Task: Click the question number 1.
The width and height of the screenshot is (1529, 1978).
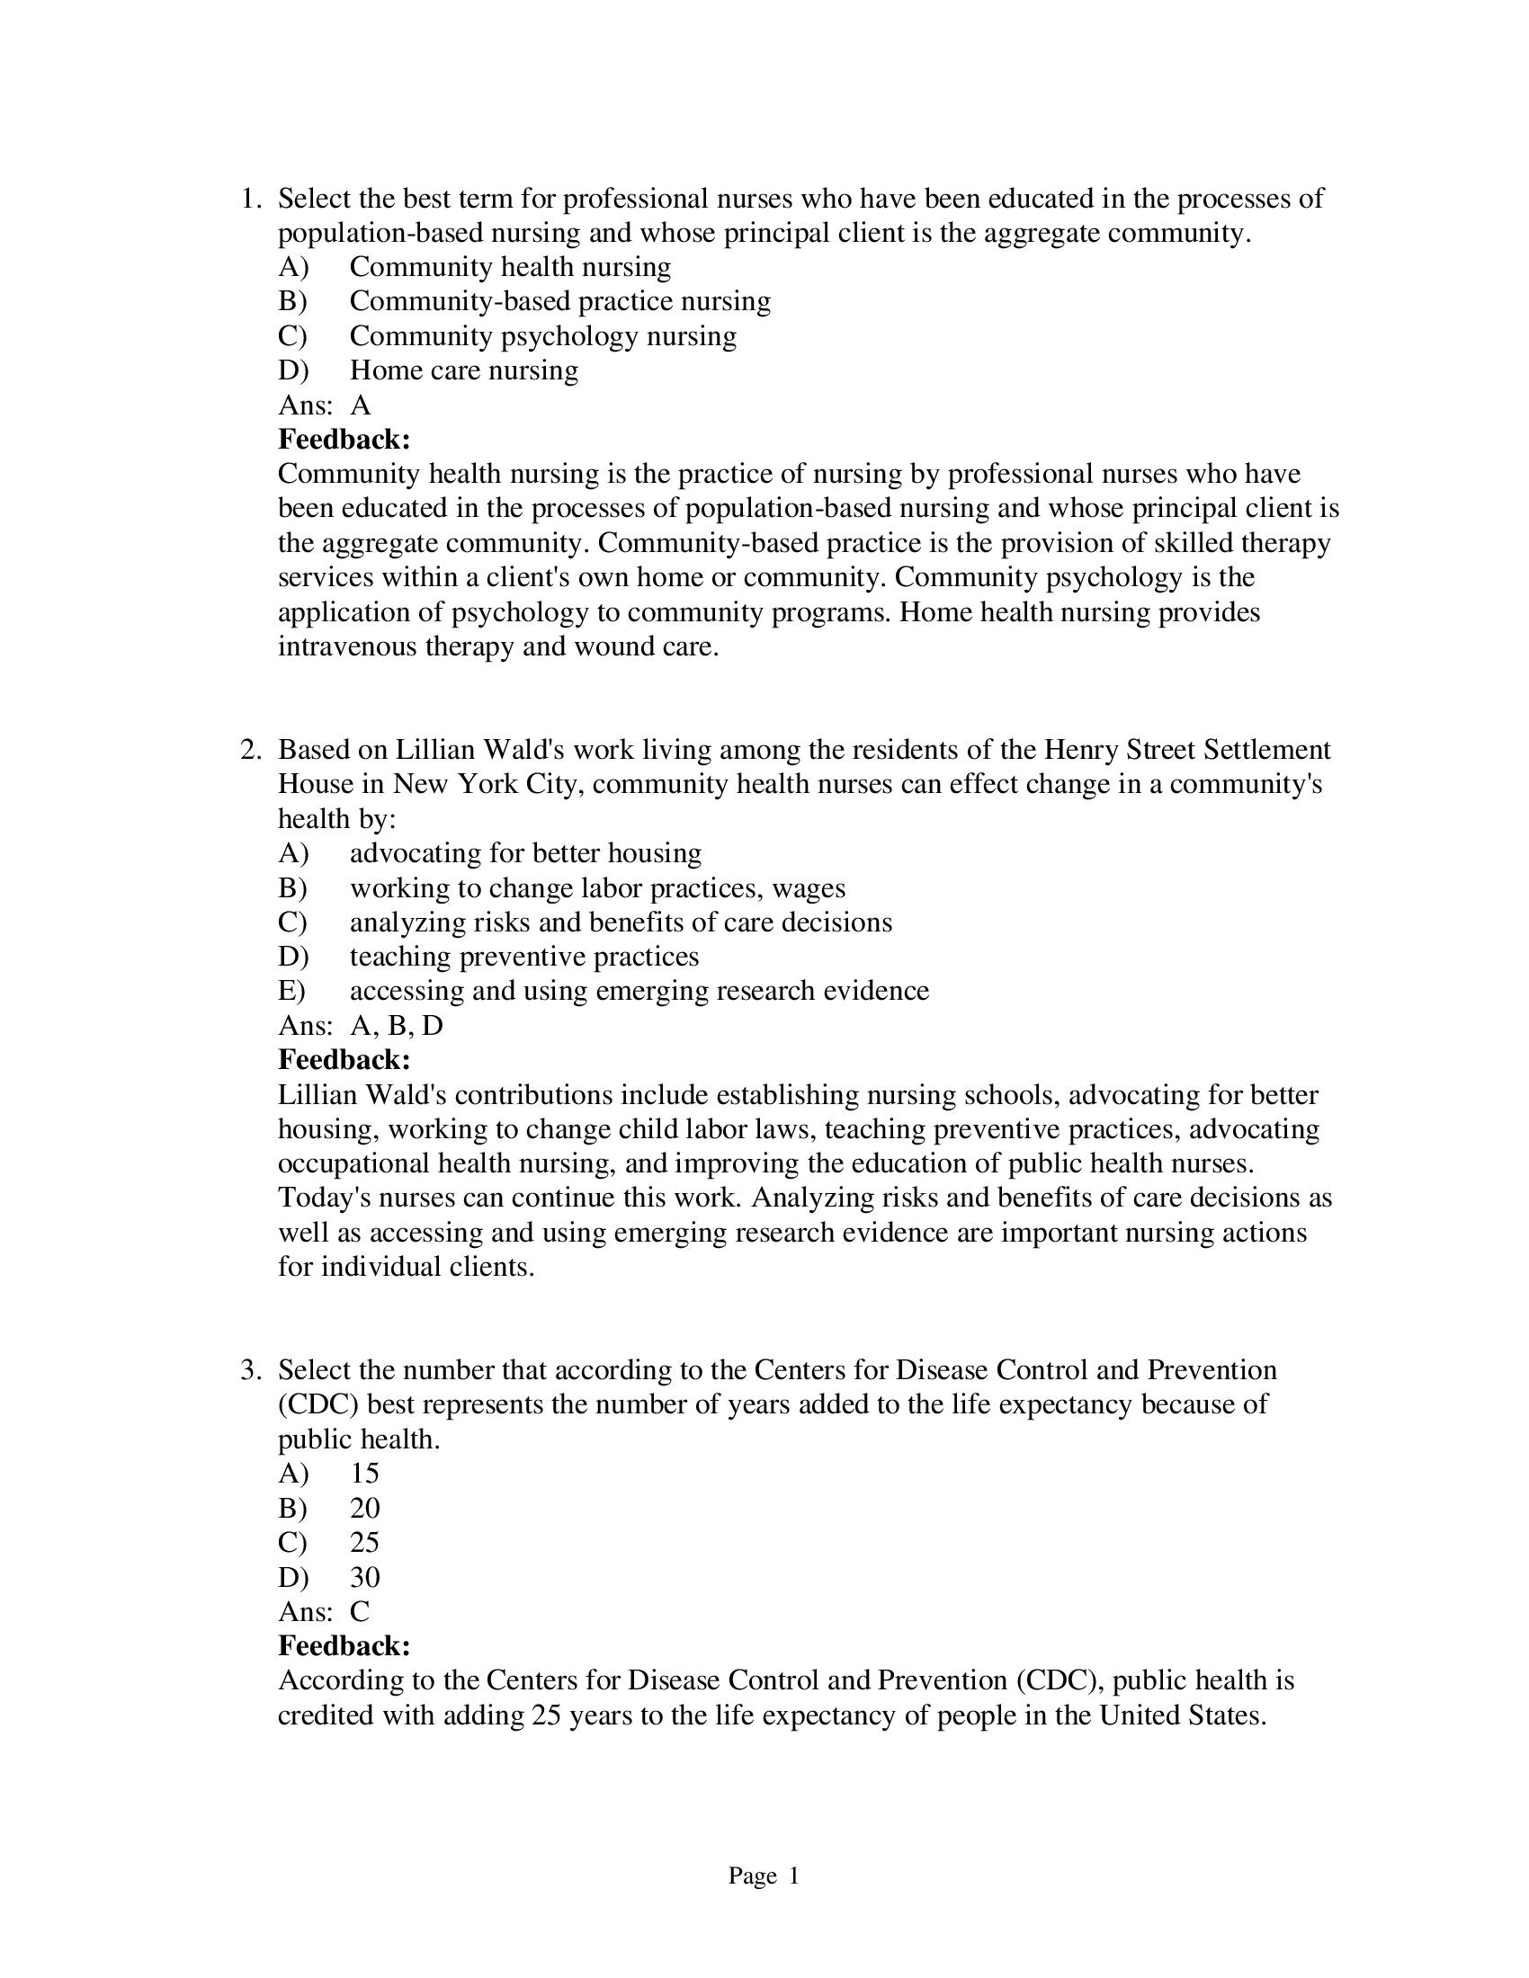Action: coord(250,199)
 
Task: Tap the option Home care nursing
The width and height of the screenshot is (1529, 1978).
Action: coord(464,370)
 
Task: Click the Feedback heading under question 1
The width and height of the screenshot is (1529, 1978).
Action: coord(344,440)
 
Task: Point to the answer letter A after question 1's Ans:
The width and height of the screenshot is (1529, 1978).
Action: coord(361,405)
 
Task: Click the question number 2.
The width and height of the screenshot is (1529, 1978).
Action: coord(250,750)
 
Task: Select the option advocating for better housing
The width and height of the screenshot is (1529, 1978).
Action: coord(525,853)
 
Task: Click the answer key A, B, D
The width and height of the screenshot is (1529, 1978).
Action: coord(396,1025)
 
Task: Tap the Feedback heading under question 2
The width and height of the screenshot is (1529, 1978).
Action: coord(344,1060)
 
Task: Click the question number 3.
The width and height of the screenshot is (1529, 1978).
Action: coord(250,1370)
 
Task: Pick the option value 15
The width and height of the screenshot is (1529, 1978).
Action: coord(364,1474)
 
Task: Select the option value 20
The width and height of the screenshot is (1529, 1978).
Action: coord(364,1508)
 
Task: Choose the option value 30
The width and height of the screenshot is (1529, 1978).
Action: coord(364,1578)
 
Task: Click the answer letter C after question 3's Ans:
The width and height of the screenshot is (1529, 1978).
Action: coord(360,1612)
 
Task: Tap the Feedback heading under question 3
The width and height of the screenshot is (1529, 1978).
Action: coord(344,1645)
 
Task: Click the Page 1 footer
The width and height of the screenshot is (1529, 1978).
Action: coord(764,1876)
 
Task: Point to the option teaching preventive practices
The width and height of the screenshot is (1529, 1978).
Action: coord(523,957)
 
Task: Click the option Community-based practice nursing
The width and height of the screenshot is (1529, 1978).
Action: coord(559,301)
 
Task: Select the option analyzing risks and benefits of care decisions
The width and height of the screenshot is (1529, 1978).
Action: coord(621,922)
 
